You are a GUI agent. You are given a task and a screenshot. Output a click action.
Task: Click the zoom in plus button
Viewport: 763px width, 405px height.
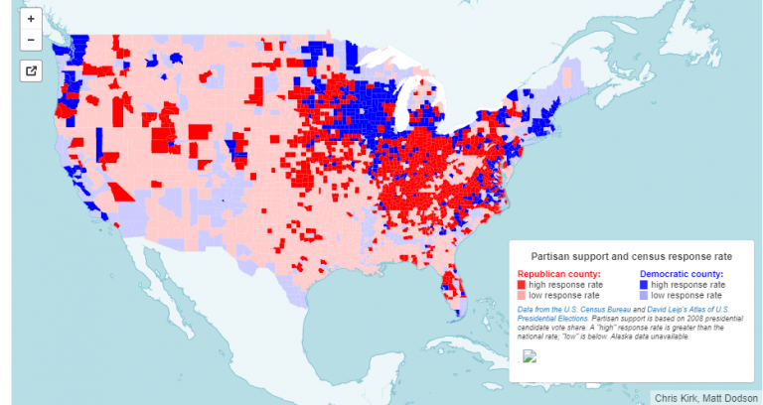pos(31,19)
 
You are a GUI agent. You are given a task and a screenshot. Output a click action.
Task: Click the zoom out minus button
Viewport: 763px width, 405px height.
pos(31,41)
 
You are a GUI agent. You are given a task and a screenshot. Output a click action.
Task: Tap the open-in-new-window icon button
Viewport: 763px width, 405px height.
pos(31,70)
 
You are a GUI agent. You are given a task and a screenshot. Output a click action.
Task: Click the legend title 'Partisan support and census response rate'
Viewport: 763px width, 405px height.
pos(630,255)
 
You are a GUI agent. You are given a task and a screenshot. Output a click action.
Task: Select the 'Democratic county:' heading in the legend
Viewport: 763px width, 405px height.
pos(681,274)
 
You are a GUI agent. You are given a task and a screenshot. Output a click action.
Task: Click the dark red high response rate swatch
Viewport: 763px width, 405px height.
pos(522,285)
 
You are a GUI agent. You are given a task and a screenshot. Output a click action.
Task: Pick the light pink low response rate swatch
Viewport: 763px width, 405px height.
pos(522,296)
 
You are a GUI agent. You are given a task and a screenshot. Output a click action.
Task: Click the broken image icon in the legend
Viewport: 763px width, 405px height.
pos(530,357)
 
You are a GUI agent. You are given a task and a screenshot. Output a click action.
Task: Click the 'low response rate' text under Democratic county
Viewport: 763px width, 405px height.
pos(686,296)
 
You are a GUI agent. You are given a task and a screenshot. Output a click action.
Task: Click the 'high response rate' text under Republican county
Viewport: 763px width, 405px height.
pos(564,285)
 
